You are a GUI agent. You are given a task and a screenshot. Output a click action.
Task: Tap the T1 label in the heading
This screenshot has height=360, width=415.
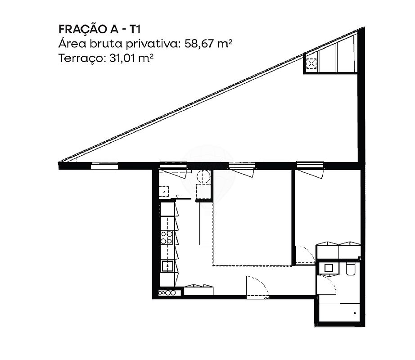pos(135,29)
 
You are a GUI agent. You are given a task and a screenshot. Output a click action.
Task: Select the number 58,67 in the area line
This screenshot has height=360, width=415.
pos(199,43)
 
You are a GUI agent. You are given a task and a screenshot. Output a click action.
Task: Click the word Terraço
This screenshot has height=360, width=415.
pos(81,58)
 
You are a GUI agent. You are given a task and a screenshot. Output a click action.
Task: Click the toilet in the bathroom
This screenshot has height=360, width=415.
pos(351,269)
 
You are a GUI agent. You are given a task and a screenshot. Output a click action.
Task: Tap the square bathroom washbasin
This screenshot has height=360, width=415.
pos(329,268)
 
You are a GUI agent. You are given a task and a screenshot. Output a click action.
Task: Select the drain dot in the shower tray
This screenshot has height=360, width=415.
pos(355,313)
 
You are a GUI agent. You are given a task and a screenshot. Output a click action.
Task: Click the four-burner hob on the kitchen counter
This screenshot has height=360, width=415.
pos(167,238)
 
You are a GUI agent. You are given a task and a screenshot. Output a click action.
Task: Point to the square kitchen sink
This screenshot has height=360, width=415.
pos(167,266)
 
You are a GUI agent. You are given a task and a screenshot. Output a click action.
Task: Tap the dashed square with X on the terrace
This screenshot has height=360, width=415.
pos(311,63)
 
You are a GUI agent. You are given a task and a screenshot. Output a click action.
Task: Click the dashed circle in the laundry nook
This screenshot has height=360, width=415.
pos(204,176)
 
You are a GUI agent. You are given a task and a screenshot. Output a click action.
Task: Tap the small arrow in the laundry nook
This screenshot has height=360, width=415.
pos(179,196)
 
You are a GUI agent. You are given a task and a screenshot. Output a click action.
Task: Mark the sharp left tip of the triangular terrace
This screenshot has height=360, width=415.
pos(59,162)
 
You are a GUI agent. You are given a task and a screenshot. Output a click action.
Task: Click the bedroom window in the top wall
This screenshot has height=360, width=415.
pos(310,165)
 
